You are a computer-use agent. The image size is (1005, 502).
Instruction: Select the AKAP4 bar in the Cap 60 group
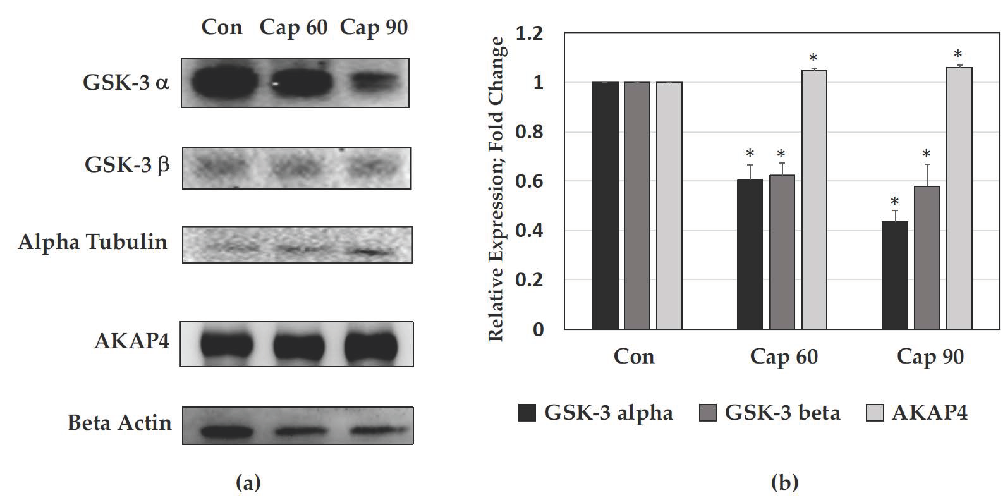[x=814, y=200]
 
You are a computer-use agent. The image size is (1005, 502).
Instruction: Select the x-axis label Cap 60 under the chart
[x=784, y=357]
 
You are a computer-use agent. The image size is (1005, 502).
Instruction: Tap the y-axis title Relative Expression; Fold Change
[x=497, y=189]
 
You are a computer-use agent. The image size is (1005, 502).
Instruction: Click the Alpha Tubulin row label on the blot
[x=92, y=242]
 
